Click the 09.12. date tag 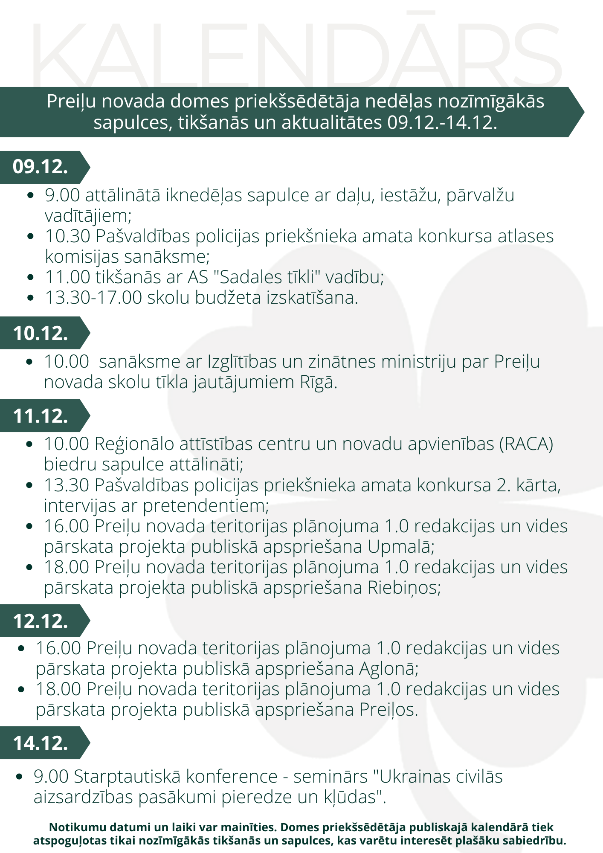pos(41,167)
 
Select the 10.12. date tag pos(41,333)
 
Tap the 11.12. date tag pos(41,416)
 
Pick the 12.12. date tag pos(41,621)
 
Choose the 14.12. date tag pos(41,743)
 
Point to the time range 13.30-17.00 pos(93,298)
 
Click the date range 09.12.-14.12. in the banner pos(442,123)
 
